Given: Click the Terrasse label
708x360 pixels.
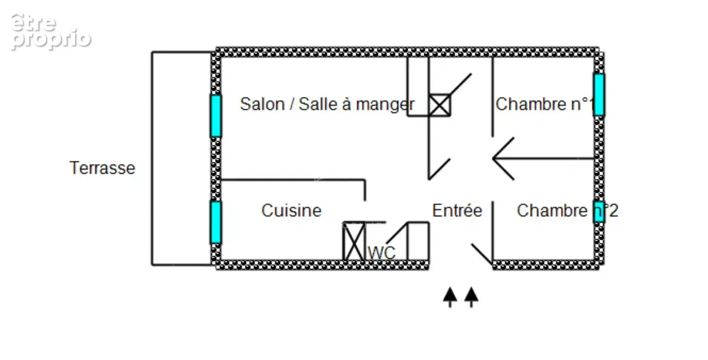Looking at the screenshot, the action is coord(102,168).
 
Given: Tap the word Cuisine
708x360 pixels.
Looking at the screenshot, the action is coord(291,211).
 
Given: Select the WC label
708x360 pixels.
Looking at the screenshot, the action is coord(382,253).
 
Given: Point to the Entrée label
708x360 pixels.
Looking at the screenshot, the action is coord(457,211).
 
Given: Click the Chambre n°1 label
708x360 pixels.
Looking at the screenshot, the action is coord(545,104).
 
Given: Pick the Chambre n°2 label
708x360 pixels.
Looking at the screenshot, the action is coord(568,211).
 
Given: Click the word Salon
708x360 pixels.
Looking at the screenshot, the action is coord(263,104).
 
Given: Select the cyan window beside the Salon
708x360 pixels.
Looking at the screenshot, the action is coord(216,116).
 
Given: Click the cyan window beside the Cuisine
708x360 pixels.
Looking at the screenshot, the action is coord(216,222).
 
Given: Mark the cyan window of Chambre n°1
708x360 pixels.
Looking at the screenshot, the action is coord(599,95).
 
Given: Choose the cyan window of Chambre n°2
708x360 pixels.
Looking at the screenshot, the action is coord(599,211).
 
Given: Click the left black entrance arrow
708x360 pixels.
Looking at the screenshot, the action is coord(450,297).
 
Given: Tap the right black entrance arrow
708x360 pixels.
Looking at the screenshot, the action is coord(471,297).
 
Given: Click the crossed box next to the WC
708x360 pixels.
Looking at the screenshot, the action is coord(354,241).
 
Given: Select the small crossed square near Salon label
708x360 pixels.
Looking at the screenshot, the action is coord(440,105).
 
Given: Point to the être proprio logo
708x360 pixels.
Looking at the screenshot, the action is coord(51,32).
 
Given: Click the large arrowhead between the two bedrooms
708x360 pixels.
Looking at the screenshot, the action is coord(503,159).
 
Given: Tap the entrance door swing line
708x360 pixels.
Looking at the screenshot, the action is coord(482,254).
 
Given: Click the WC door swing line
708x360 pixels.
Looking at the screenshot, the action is coord(397,233).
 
